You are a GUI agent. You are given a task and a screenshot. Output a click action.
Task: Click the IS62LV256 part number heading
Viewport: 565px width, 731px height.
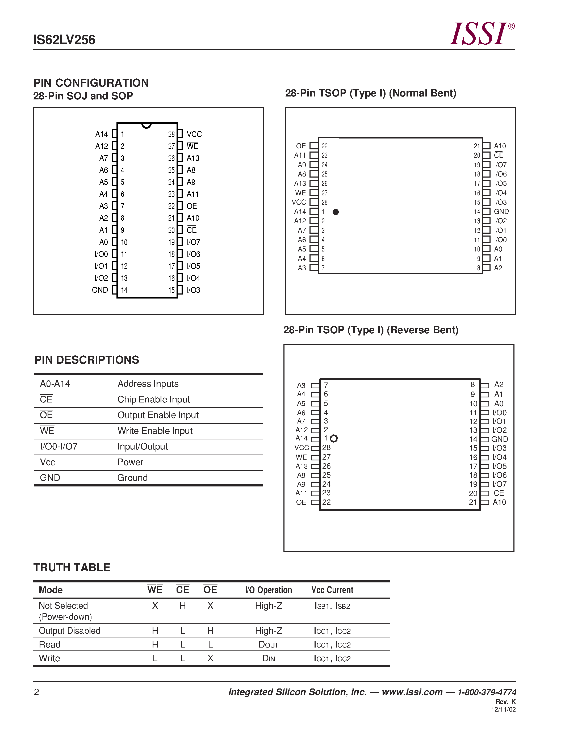click(64, 40)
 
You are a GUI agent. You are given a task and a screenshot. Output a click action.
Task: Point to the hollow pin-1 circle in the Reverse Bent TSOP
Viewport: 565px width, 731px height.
click(334, 438)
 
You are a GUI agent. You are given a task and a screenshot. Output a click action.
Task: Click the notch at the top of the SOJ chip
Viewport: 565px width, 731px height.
click(146, 125)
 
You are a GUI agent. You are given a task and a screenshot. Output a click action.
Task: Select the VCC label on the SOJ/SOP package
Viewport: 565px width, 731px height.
click(194, 134)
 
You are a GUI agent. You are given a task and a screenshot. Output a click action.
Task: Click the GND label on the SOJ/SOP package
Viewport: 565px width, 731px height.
click(100, 290)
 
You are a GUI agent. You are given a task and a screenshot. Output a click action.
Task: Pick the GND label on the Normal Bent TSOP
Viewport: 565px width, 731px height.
click(501, 212)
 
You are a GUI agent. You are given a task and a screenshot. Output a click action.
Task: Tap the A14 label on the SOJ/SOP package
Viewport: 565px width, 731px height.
click(101, 134)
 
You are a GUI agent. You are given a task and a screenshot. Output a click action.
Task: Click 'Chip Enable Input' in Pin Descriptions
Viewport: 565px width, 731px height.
click(154, 399)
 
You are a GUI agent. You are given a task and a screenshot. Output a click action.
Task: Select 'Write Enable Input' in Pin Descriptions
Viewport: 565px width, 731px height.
click(155, 431)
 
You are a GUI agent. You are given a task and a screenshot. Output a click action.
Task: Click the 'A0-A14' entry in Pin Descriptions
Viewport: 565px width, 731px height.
click(55, 384)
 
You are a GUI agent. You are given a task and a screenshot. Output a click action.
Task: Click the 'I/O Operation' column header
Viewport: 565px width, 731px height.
click(269, 590)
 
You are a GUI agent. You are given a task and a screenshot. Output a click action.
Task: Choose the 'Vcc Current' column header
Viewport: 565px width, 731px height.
click(332, 590)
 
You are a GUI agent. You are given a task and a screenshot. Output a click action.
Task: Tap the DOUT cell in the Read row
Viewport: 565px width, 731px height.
click(269, 645)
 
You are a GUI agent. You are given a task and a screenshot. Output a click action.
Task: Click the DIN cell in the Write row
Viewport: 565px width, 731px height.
click(269, 658)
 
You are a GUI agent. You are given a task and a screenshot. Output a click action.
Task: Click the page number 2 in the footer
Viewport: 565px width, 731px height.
click(36, 692)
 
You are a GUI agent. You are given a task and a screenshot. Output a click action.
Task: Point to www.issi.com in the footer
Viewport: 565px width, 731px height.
click(412, 692)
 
